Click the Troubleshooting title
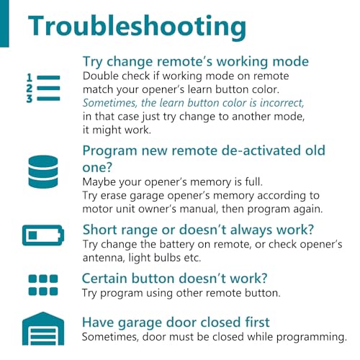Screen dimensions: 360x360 pos(137,27)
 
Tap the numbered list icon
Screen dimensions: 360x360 pos(43,88)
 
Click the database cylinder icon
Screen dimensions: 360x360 pos(43,171)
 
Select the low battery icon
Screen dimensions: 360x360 pos(43,235)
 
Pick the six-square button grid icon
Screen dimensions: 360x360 pos(43,285)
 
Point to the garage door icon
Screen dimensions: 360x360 pos(43,328)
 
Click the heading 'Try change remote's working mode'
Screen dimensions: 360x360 pos(196,62)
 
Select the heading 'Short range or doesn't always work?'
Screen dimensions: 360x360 pos(198,230)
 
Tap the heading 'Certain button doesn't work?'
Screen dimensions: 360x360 pos(174,279)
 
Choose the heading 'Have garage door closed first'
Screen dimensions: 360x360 pos(176,322)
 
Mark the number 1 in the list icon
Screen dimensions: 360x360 pos(30,78)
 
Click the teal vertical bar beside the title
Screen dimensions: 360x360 pos(4,24)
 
